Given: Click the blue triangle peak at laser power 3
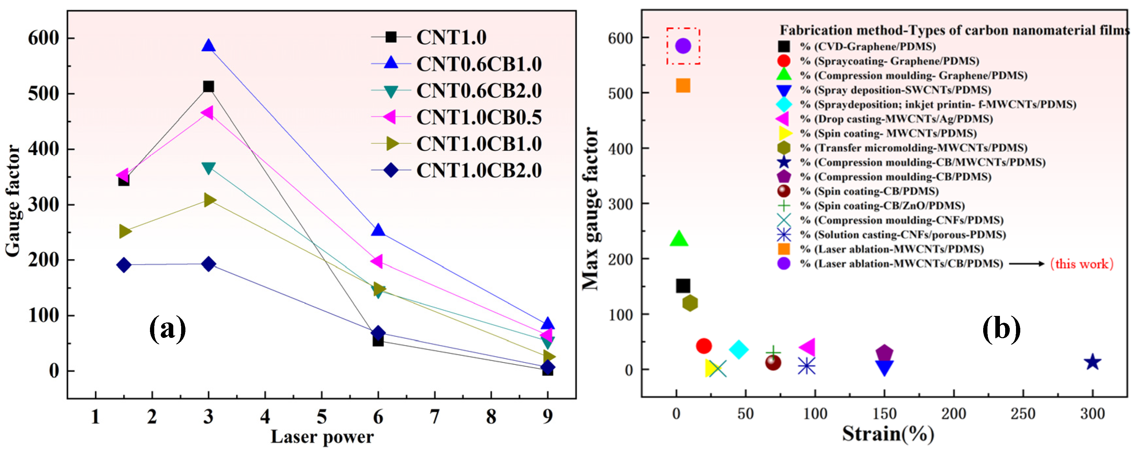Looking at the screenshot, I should pyautogui.click(x=208, y=46).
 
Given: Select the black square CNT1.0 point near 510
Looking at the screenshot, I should pyautogui.click(x=208, y=87).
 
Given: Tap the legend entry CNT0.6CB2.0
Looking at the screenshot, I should pyautogui.click(x=478, y=91).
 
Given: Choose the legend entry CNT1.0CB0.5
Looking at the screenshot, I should pyautogui.click(x=478, y=117).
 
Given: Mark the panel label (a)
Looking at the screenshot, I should pyautogui.click(x=167, y=329).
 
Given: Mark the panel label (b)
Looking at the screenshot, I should pyautogui.click(x=1001, y=329).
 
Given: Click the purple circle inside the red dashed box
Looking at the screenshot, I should pyautogui.click(x=683, y=46).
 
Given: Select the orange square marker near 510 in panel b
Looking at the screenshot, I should pyautogui.click(x=683, y=86).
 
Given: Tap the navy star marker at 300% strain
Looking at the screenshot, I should pyautogui.click(x=1092, y=362).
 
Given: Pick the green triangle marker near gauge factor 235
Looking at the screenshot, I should pyautogui.click(x=679, y=239).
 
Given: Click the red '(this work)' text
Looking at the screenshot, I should pyautogui.click(x=1081, y=264).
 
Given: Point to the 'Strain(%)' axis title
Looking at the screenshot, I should pyautogui.click(x=888, y=434).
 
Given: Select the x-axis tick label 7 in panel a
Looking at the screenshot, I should pyautogui.click(x=434, y=417).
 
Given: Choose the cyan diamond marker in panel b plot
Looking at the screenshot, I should pyautogui.click(x=739, y=349).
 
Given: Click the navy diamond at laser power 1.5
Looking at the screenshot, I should pyautogui.click(x=124, y=265).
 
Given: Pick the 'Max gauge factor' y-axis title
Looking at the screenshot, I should pyautogui.click(x=591, y=208).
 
